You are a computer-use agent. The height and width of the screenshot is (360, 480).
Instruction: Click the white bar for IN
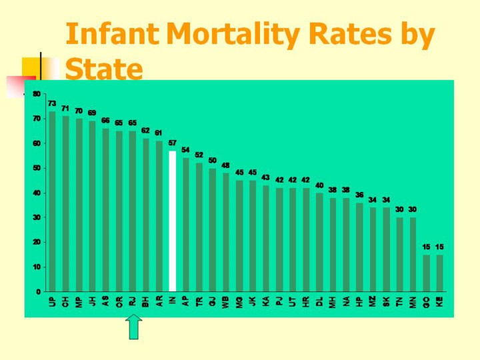[x=172, y=221]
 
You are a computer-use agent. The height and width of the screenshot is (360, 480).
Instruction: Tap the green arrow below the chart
[x=134, y=327]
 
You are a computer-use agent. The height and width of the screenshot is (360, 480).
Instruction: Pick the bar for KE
[x=439, y=273]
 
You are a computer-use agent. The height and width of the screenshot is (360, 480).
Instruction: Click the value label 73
[x=51, y=104]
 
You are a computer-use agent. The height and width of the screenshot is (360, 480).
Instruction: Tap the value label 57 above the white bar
[x=172, y=143]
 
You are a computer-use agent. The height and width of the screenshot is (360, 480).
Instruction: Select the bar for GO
[x=426, y=273]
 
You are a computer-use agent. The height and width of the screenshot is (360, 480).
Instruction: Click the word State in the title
[x=105, y=69]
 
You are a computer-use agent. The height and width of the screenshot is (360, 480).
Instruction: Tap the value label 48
[x=225, y=165]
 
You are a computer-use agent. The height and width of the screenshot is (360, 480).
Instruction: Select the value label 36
[x=359, y=195]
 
